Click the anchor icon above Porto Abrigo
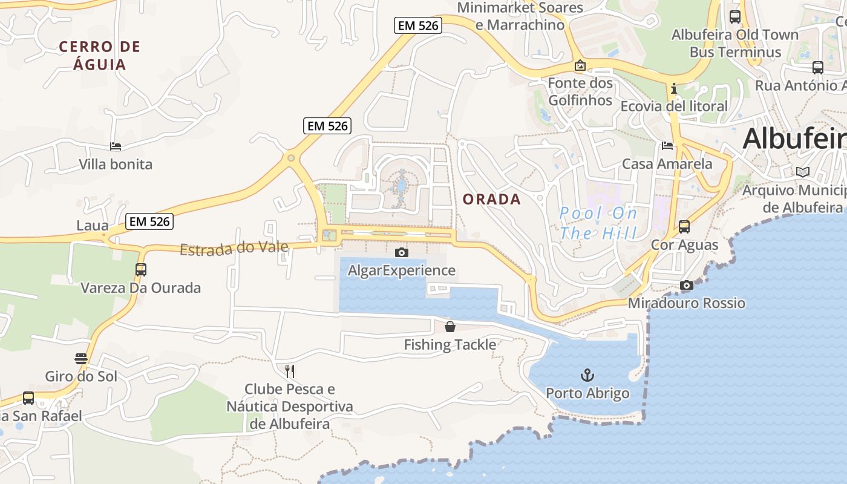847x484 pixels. pos(587,375)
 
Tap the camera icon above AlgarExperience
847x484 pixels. pos(401,252)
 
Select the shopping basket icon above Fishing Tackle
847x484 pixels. pos(450,327)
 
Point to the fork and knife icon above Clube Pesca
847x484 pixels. pos(290,371)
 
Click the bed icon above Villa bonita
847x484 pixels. pos(116,146)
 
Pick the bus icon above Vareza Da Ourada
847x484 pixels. pos(141,270)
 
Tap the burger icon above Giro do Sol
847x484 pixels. pos(81,359)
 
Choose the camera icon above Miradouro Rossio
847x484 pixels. pos(686,286)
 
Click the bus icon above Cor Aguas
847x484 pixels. pos(684,227)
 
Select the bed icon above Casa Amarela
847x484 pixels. pos(667,146)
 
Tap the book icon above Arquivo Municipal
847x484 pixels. pos(802,172)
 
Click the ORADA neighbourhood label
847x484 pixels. pos(491,199)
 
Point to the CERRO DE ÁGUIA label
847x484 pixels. pos(100,56)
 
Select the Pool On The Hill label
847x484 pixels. pos(598,223)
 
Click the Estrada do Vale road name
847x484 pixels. pos(234,247)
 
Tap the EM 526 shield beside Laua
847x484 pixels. pos(150,221)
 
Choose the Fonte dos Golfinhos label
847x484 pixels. pos(580,91)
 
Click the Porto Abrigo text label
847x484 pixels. pos(587,394)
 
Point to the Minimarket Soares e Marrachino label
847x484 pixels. pos(520,16)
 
